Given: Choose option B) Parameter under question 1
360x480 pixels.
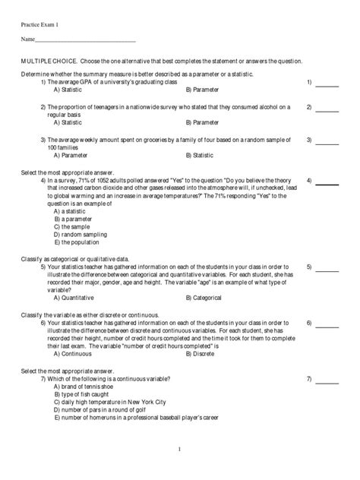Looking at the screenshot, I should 202,89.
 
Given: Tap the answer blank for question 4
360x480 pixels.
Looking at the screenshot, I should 327,183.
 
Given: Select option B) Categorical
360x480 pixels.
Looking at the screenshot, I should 204,298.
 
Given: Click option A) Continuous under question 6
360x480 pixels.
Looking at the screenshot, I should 73,353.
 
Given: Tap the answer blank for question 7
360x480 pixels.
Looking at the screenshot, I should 327,381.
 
